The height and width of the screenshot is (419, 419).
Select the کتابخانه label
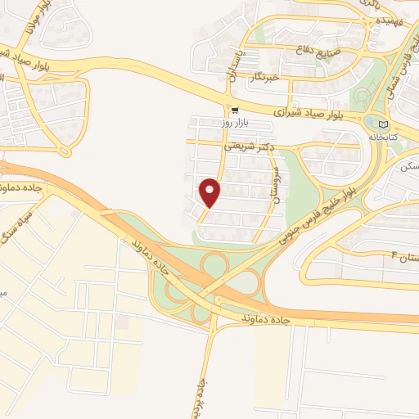(402, 137)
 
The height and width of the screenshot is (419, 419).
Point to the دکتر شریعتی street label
(245, 147)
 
